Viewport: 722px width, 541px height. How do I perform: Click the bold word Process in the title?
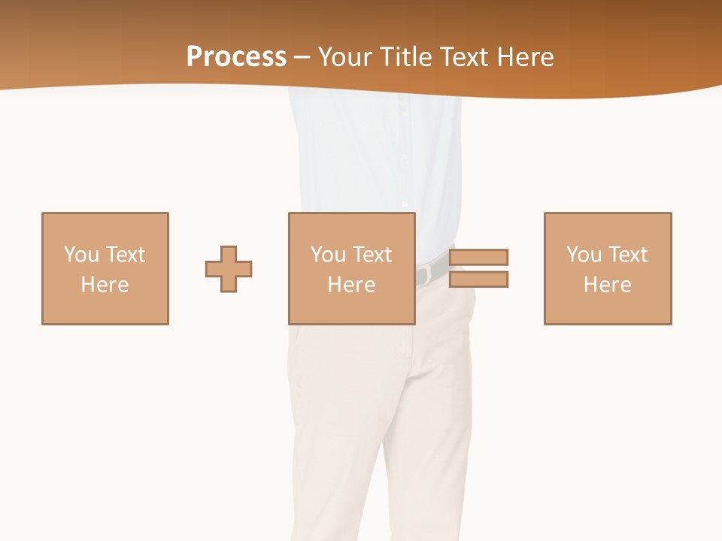tap(236, 57)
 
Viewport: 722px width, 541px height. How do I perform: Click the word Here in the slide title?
tap(526, 57)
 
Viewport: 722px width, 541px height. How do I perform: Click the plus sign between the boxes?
tap(229, 269)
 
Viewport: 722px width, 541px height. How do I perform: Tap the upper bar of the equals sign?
tap(479, 257)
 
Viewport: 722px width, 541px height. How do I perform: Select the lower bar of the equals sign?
tap(479, 279)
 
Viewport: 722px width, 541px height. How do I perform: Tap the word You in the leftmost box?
tap(81, 255)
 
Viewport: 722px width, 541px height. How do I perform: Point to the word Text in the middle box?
tap(372, 255)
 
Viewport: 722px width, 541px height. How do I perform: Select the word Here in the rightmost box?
tap(608, 285)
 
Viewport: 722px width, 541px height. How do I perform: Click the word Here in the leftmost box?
tap(105, 285)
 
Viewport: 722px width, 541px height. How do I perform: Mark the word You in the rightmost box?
tap(584, 255)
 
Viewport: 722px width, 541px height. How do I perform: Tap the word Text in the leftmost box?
tap(125, 255)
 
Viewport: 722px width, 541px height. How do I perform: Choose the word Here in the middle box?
tap(352, 285)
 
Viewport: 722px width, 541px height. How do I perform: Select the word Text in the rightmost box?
tap(627, 255)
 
